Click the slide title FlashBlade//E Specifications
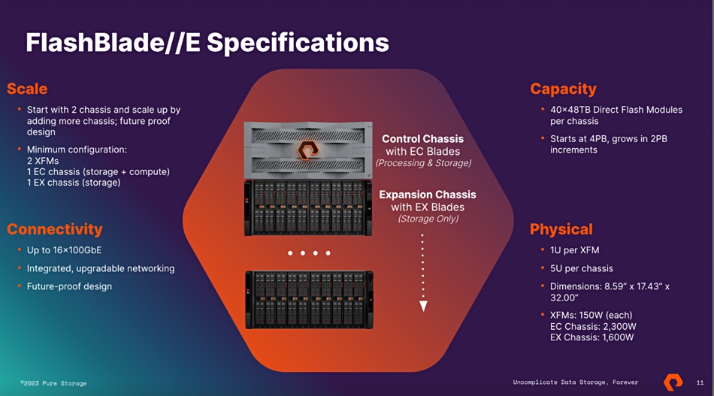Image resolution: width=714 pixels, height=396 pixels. pos(207,43)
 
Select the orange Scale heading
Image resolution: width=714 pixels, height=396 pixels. pos(27,89)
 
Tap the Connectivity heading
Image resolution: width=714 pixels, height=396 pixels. pos(55,229)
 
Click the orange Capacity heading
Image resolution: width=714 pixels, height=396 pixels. pos(563,89)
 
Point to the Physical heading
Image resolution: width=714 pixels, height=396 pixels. pos(561,229)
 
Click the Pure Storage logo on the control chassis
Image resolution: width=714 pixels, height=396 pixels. pos(308,150)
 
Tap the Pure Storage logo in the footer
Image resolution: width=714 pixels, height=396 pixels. pos(673,382)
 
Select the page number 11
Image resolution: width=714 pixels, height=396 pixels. pos(700,382)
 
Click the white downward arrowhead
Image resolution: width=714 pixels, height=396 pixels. pos(423,306)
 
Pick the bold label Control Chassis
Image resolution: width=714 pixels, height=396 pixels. pos(422,139)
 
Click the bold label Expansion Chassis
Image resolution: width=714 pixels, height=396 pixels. pos(428,195)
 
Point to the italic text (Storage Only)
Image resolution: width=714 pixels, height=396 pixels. pos(428,219)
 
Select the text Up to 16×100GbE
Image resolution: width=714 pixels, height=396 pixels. pos(64,250)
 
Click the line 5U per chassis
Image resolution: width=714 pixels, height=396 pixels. pos(582,268)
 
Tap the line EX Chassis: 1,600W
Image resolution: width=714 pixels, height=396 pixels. pos(592,337)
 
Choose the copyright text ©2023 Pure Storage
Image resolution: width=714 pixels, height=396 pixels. pos(53,383)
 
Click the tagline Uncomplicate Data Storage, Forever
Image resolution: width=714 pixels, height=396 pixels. pos(576,382)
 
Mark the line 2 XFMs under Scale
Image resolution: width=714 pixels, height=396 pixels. pos(43,161)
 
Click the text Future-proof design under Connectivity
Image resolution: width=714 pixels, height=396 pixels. pos(69,286)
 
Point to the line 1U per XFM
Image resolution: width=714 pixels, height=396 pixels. pos(575,250)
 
